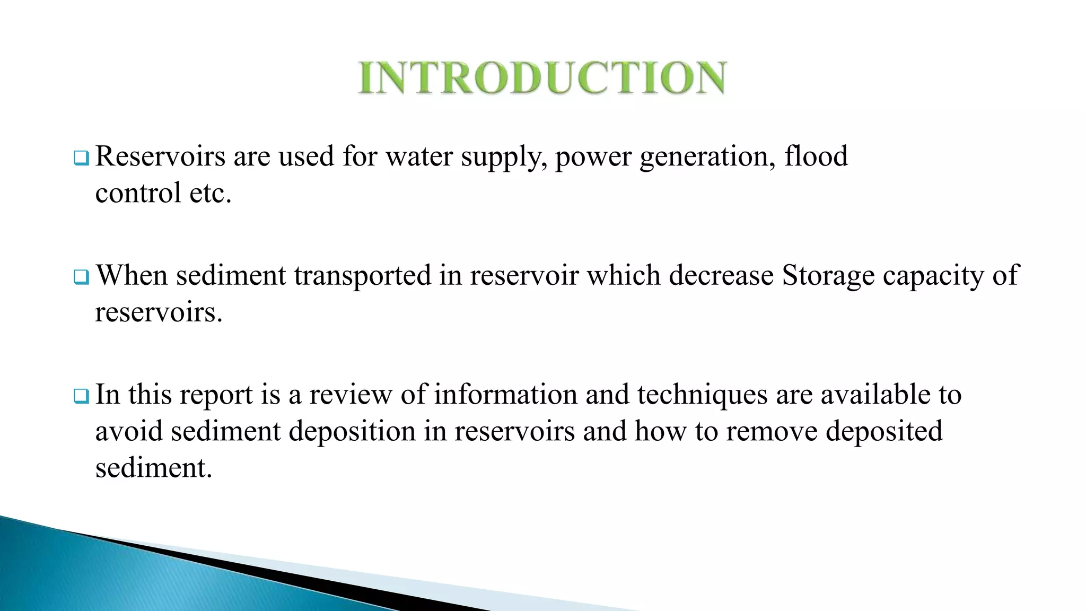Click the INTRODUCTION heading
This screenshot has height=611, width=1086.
pos(542,77)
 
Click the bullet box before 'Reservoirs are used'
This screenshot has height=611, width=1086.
pos(81,158)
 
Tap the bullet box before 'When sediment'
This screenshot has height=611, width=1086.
pos(81,277)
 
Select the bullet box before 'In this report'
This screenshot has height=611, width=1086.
pos(81,396)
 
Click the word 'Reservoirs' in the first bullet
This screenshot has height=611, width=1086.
pos(160,156)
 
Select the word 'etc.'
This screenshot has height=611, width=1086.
pos(211,193)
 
